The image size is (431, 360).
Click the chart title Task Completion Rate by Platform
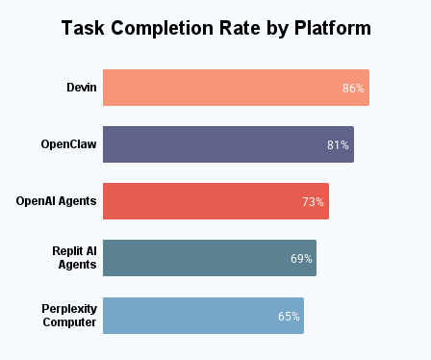(x=215, y=29)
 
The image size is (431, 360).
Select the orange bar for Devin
(x=236, y=88)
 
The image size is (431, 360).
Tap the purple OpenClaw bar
(x=228, y=144)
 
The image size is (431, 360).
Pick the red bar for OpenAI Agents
(x=215, y=201)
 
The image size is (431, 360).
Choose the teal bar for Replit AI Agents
(x=209, y=258)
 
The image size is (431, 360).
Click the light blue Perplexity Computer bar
(x=203, y=315)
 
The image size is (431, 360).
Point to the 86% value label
(x=353, y=89)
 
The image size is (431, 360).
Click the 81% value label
(x=338, y=145)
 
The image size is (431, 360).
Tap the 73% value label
(x=313, y=202)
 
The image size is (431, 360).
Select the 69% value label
(x=301, y=259)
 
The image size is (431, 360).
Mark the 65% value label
(x=289, y=316)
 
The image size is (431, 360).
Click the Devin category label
(x=81, y=88)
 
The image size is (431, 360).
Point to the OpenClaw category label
(x=68, y=144)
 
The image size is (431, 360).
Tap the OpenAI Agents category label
(x=56, y=201)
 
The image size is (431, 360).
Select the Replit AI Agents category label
(x=74, y=258)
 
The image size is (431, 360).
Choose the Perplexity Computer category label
(x=69, y=315)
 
